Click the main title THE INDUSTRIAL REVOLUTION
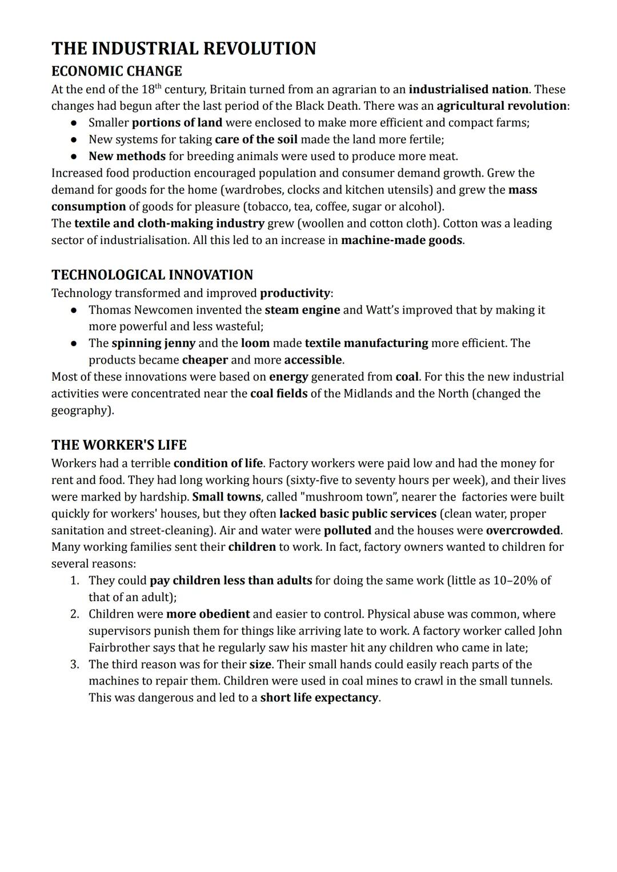(x=183, y=49)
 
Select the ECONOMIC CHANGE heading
(x=117, y=71)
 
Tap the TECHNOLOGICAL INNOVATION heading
(x=152, y=275)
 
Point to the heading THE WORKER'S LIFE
(x=119, y=445)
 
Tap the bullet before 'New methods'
(x=74, y=157)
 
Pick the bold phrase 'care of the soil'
(x=256, y=139)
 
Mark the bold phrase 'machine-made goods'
(x=401, y=241)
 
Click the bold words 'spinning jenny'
(x=153, y=343)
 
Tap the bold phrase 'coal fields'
(x=279, y=394)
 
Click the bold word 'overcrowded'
(x=523, y=530)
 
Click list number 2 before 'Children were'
(x=74, y=614)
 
